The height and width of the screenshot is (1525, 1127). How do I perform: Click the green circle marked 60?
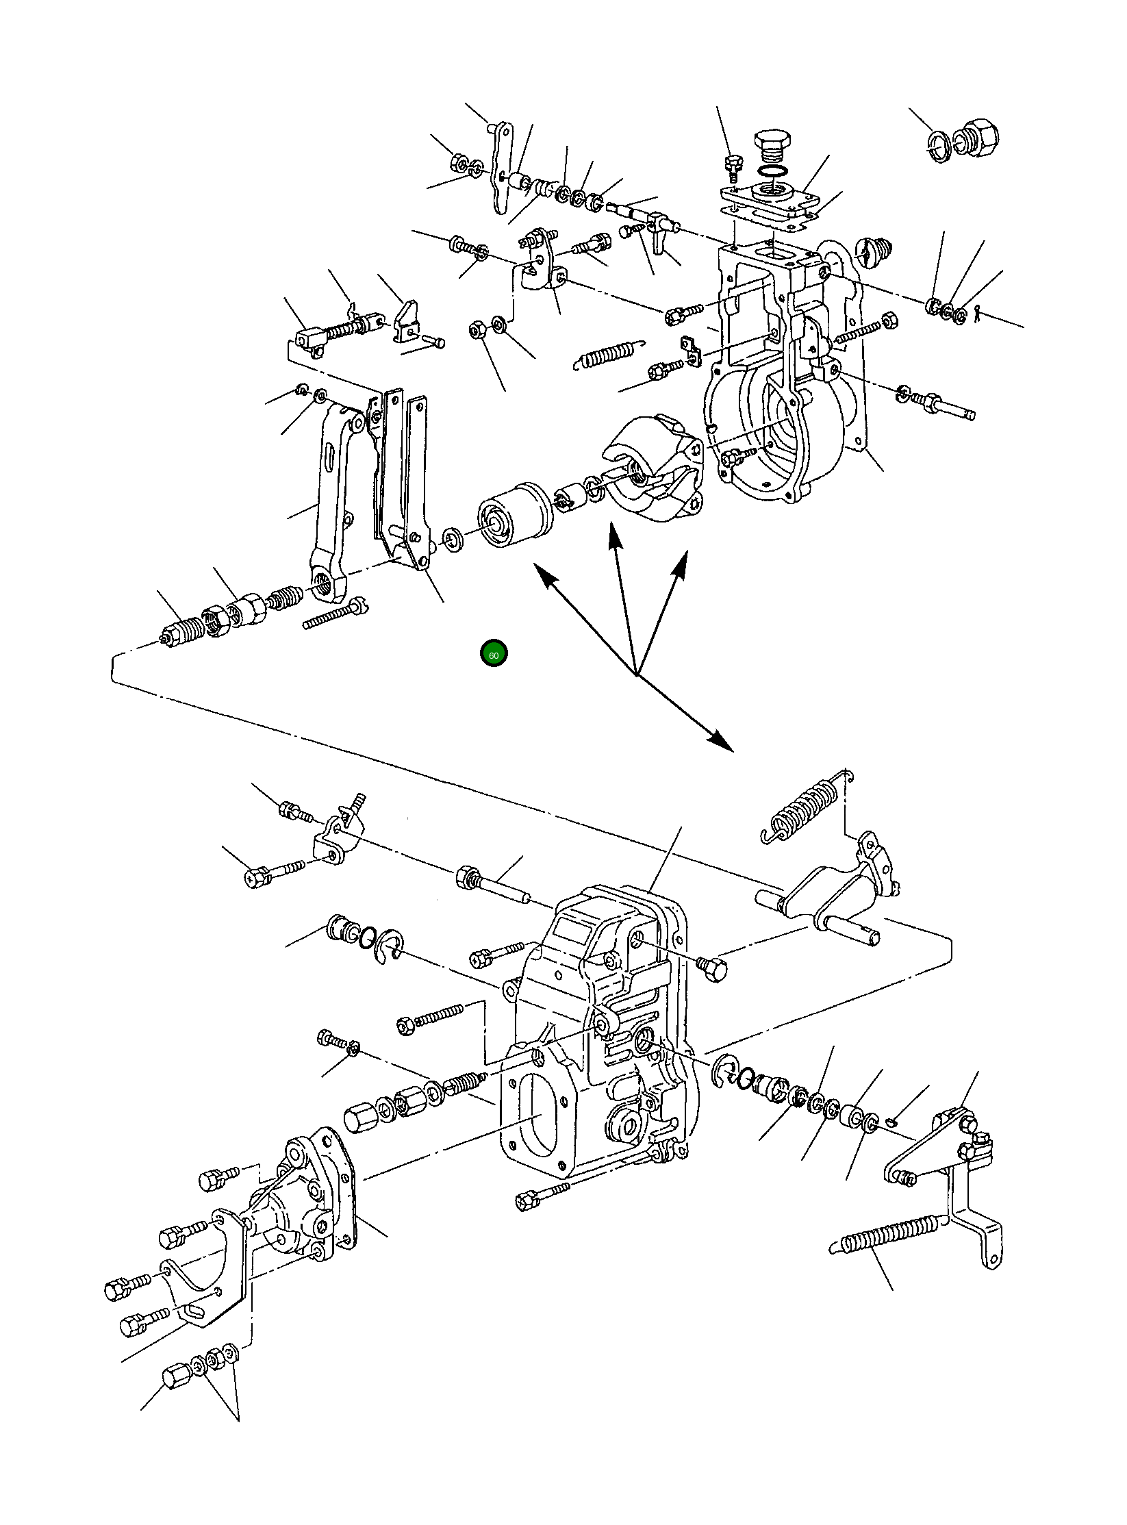(x=494, y=654)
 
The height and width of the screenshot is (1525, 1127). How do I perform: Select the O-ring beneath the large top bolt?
(x=772, y=171)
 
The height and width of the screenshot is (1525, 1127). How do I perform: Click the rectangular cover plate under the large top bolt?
(x=770, y=202)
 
